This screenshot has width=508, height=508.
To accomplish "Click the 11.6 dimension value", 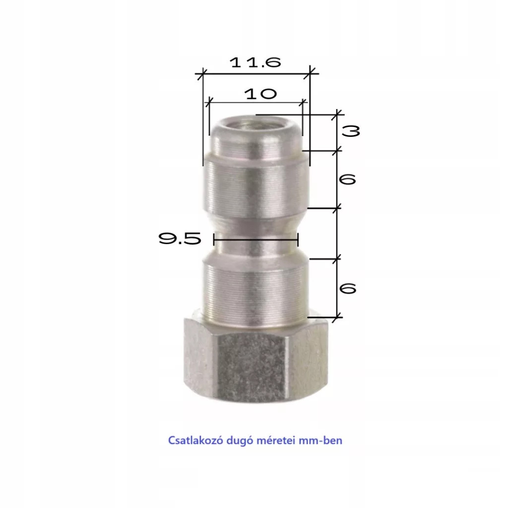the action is click(x=255, y=62).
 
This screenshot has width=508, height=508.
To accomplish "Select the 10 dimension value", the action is click(x=260, y=94).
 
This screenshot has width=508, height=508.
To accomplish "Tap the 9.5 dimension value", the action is click(x=180, y=239).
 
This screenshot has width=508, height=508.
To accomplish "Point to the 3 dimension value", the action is click(x=351, y=131).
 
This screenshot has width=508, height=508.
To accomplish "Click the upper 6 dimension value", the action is click(x=347, y=179).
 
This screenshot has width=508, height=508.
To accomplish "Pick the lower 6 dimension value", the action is click(x=347, y=288).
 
